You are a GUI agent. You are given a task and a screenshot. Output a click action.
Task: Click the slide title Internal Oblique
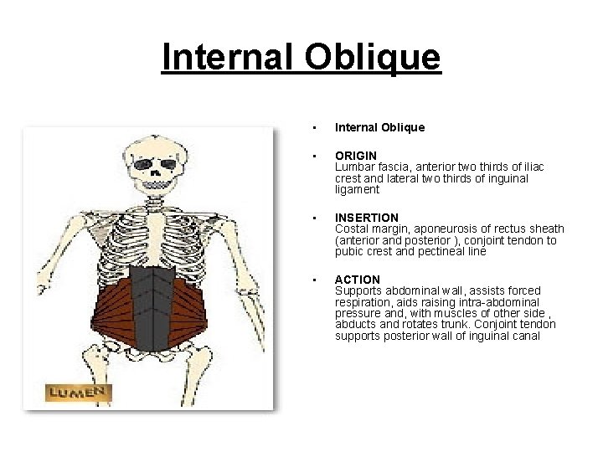[301, 58]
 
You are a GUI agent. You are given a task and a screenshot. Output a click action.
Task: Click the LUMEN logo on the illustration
[78, 392]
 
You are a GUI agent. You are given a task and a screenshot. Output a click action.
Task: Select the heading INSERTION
[367, 218]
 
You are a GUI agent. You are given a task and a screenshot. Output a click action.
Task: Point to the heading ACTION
[358, 280]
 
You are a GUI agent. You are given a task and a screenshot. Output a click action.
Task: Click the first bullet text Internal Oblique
[379, 128]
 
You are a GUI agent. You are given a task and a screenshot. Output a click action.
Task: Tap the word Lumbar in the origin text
[353, 167]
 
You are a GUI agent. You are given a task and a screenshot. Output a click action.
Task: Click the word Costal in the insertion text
[351, 229]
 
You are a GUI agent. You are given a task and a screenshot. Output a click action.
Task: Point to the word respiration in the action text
[361, 302]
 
